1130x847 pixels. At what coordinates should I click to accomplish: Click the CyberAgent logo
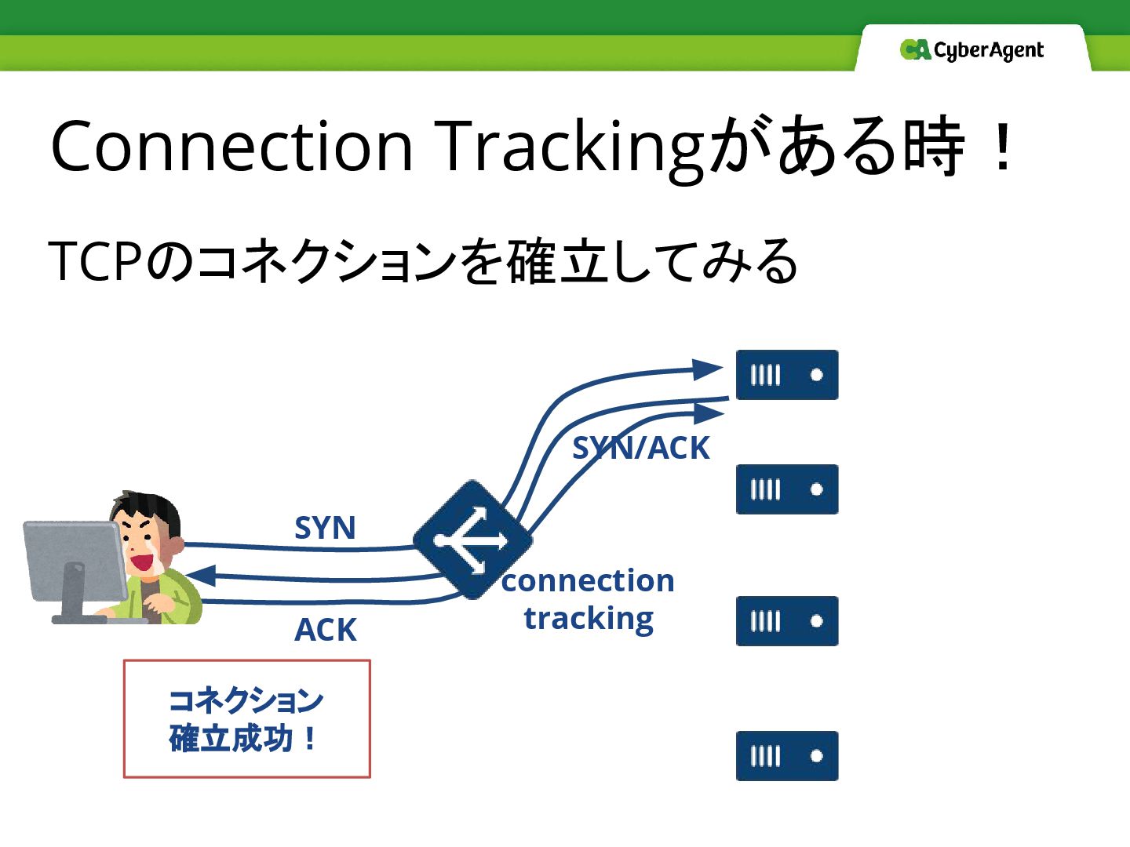(x=971, y=50)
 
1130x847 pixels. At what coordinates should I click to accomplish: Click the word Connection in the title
(x=231, y=147)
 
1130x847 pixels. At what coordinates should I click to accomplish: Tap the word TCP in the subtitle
(x=95, y=261)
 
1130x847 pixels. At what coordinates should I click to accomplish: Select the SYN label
(x=325, y=528)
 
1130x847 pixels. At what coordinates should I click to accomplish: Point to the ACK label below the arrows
(x=325, y=630)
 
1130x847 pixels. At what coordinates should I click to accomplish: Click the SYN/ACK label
(x=640, y=449)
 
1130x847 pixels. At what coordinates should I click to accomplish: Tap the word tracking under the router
(x=589, y=619)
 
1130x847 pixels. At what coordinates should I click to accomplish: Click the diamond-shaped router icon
(x=472, y=540)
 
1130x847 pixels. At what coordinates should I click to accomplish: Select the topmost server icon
(x=786, y=375)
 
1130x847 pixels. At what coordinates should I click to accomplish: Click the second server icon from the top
(x=786, y=489)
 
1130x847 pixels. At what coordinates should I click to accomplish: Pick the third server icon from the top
(x=786, y=621)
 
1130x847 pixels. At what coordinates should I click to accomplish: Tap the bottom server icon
(x=786, y=756)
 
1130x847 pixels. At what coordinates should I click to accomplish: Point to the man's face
(x=145, y=537)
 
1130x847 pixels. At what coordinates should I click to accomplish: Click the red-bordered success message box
(x=246, y=718)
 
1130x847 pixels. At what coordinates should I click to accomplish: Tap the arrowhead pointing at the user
(x=199, y=576)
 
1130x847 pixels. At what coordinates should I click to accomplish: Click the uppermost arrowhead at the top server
(x=708, y=369)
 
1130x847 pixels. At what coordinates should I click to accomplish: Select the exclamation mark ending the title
(x=1002, y=147)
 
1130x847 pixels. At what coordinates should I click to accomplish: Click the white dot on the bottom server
(x=816, y=756)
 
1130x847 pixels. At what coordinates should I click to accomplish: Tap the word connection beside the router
(x=588, y=581)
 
